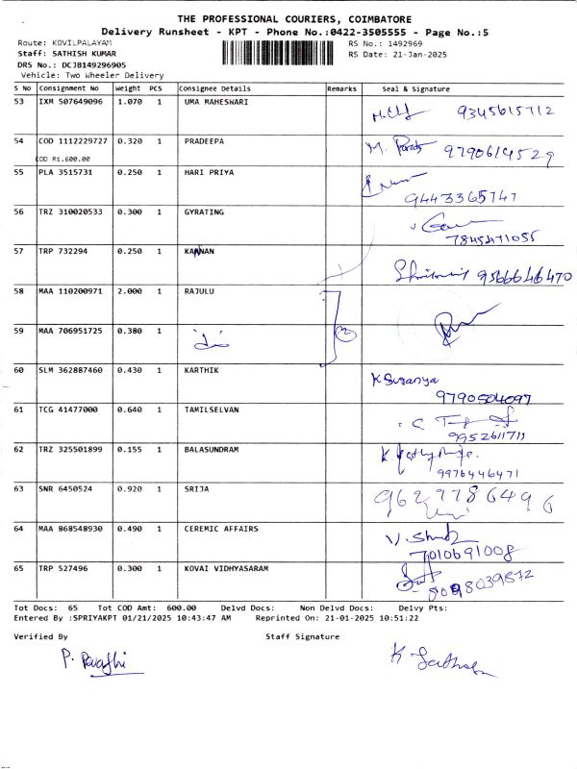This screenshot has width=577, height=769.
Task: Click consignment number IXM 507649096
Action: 70,101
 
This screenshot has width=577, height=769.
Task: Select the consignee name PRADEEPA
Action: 204,140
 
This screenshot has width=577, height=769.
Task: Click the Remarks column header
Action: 342,88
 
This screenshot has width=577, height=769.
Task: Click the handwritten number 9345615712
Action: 502,112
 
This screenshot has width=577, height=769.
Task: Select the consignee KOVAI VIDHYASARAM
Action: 225,568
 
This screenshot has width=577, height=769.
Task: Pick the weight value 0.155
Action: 130,449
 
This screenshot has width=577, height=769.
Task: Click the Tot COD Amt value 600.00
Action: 182,608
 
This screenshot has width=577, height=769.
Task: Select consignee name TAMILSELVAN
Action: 212,409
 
